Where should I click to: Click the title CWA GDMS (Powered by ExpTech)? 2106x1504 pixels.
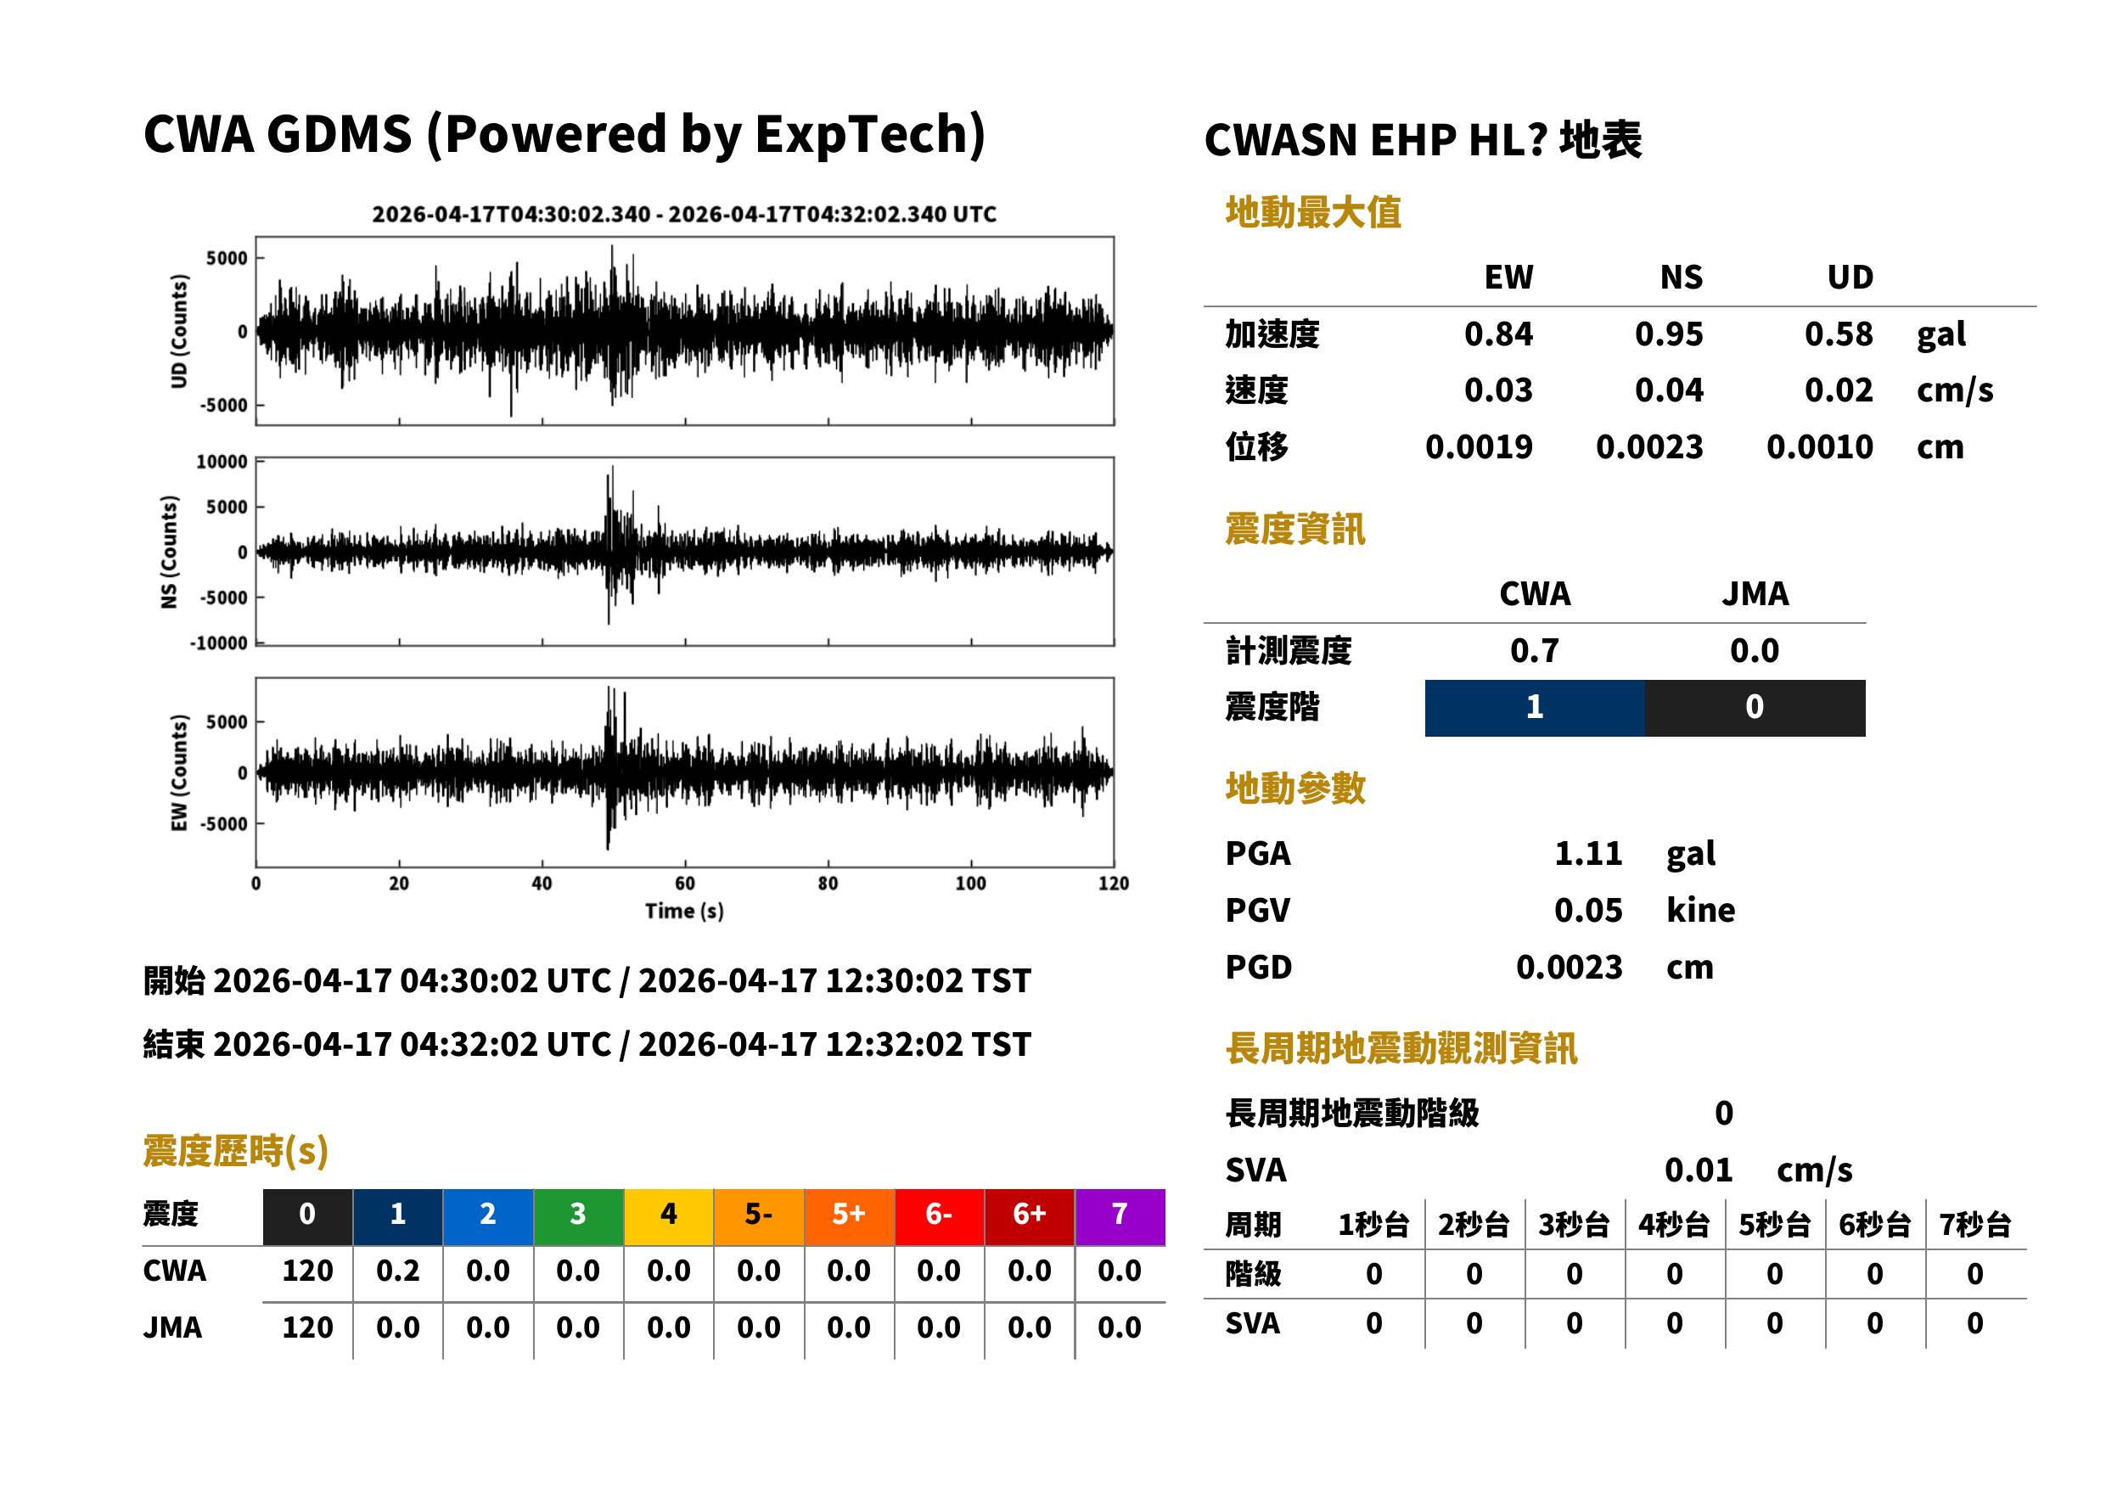[x=564, y=134]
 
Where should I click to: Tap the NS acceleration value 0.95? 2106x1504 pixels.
[x=1668, y=334]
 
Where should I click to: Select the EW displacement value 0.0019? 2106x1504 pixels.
[x=1478, y=446]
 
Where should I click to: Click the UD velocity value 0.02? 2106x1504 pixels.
[x=1839, y=390]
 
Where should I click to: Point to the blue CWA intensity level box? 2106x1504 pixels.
[x=1535, y=708]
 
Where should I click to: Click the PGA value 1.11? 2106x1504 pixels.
[x=1587, y=853]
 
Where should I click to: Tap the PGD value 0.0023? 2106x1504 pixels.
[x=1569, y=967]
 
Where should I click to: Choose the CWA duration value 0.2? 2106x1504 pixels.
[x=397, y=1271]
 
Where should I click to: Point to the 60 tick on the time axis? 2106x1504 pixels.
[x=684, y=883]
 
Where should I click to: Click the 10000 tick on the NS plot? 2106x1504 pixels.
[x=222, y=461]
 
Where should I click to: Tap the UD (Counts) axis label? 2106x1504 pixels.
[x=179, y=331]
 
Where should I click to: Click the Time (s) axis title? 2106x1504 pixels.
[x=684, y=911]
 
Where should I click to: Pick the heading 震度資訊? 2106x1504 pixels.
[x=1294, y=529]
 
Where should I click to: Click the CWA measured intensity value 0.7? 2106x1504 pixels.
[x=1535, y=650]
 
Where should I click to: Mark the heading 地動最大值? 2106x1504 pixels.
[x=1313, y=212]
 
